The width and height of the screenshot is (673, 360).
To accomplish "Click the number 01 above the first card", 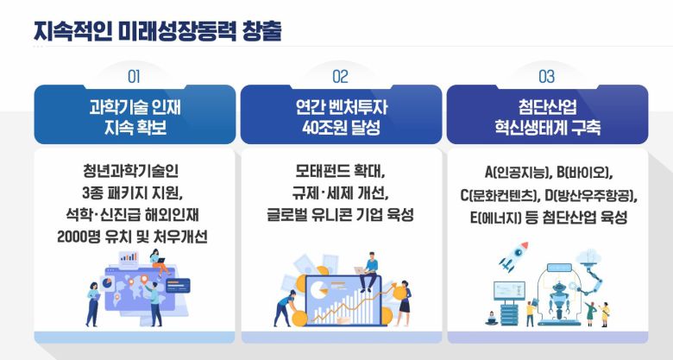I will [134, 75].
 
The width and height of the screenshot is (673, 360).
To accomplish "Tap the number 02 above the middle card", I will [340, 75].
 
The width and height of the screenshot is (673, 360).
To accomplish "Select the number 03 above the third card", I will [546, 75].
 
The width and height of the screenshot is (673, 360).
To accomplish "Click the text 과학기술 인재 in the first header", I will [134, 109].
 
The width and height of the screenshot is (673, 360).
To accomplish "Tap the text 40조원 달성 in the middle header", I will [340, 129].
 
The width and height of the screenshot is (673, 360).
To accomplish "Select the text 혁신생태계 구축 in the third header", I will [546, 129].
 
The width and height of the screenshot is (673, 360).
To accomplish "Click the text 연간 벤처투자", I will [340, 109].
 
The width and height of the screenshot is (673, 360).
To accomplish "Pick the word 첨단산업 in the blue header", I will [546, 109].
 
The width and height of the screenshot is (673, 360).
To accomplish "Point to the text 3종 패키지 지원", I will [134, 191].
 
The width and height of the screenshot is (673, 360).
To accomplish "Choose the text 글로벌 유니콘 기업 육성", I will [340, 213].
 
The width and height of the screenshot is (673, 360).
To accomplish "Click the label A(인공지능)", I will [513, 171].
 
